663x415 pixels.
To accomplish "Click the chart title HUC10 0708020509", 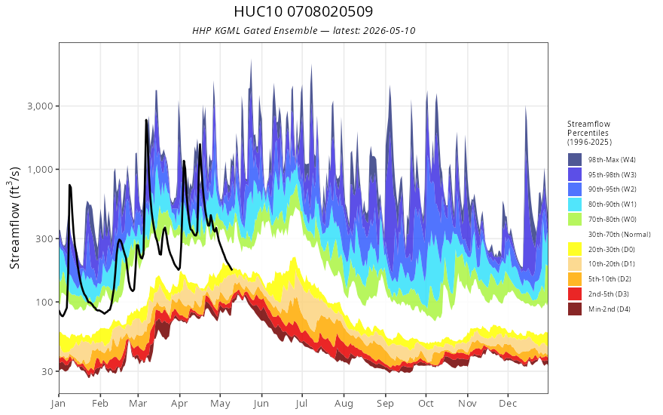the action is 303,11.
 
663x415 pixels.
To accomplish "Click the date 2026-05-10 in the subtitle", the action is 389,31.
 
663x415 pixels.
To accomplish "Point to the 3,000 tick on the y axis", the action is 41,106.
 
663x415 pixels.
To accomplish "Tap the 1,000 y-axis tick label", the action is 41,169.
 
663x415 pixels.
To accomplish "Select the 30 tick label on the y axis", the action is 47,371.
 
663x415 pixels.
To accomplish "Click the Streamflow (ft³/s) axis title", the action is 15,217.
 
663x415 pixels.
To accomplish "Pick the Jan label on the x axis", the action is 58,404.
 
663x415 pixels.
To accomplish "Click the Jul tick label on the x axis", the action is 302,404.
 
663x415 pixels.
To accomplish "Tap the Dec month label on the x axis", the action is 509,404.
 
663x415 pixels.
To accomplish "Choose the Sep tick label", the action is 385,404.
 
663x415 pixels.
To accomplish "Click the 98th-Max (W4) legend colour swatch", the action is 575,160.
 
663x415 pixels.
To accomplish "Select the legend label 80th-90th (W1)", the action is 613,204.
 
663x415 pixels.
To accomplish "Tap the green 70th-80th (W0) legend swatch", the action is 575,220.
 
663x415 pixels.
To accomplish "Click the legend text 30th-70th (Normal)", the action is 619,234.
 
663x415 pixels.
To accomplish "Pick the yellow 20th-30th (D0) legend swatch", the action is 575,249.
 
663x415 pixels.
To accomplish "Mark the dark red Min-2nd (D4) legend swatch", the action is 575,309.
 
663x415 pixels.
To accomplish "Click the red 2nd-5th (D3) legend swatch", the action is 575,294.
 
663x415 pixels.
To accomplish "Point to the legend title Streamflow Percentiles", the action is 589,133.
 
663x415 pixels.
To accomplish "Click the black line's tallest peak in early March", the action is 146,120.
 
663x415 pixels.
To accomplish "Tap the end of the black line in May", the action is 232,270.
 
